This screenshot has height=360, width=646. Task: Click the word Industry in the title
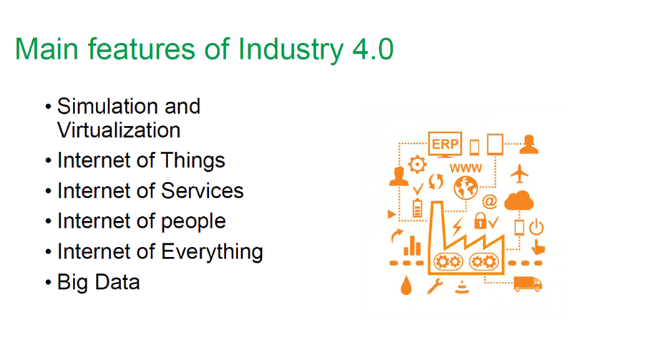click(x=290, y=50)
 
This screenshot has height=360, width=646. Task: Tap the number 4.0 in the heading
click(x=373, y=49)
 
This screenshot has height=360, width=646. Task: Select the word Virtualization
click(x=119, y=130)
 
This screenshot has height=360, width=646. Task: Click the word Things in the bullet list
click(x=193, y=161)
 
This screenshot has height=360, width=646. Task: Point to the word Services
click(x=202, y=191)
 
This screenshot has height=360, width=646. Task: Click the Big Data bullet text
click(x=99, y=283)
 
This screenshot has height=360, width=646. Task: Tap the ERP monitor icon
click(x=445, y=145)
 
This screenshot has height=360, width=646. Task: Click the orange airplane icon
click(x=519, y=174)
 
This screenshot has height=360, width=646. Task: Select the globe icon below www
click(x=466, y=188)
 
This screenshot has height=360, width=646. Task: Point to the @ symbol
click(x=489, y=202)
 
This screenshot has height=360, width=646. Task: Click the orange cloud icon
click(x=519, y=200)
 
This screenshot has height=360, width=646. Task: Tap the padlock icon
click(x=480, y=220)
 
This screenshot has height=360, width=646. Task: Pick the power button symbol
click(x=537, y=227)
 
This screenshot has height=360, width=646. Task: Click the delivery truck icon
click(x=528, y=284)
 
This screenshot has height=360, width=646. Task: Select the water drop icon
click(x=406, y=286)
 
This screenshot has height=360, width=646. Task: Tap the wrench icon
click(x=435, y=286)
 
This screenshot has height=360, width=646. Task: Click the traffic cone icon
click(x=462, y=287)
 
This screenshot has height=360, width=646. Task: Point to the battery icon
click(x=417, y=208)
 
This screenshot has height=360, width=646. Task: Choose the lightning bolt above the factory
click(x=457, y=226)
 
